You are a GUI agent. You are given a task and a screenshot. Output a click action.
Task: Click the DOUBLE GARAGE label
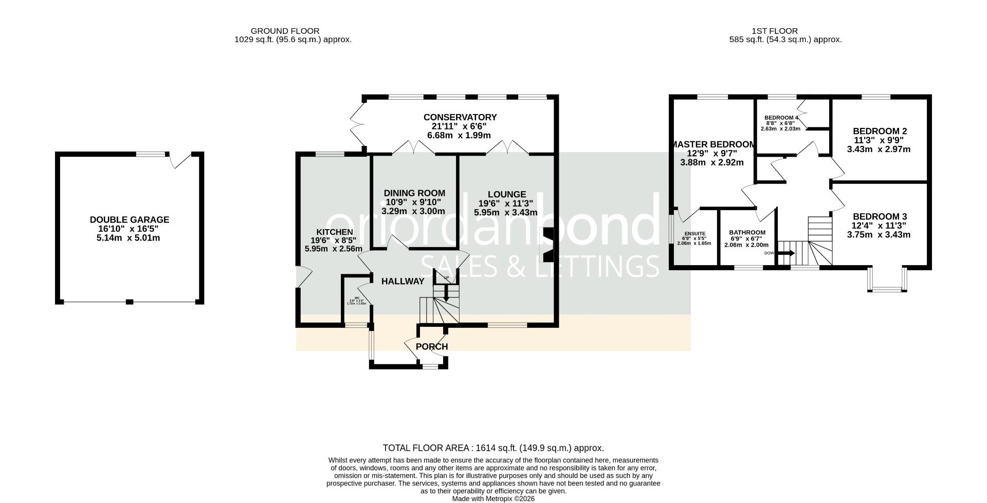click(x=130, y=220)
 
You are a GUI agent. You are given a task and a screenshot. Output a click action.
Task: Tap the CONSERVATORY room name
click(x=460, y=118)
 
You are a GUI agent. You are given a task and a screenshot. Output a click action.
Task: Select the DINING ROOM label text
click(x=414, y=193)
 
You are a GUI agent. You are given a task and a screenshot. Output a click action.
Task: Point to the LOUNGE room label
click(x=507, y=194)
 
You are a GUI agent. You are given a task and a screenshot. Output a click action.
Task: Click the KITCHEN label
click(x=334, y=232)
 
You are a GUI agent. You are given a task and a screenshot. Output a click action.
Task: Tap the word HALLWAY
click(x=403, y=281)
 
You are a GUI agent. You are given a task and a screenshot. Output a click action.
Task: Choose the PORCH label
click(x=432, y=346)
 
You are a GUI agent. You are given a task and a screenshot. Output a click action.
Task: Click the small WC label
click(x=356, y=297)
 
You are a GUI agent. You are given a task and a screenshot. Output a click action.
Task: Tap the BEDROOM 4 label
click(x=781, y=117)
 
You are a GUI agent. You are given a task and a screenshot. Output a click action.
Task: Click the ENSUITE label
click(x=694, y=234)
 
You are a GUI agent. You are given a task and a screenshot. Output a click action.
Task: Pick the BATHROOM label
click(x=747, y=233)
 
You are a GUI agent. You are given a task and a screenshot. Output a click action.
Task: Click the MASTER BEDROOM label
click(x=713, y=145)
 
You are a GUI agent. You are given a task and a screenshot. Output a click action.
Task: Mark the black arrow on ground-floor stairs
click(x=446, y=294)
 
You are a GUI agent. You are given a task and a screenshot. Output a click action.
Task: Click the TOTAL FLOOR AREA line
click(x=493, y=448)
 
